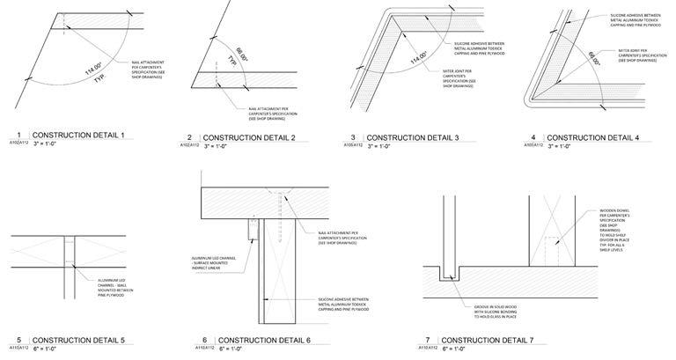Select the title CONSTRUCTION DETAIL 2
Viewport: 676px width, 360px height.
click(x=250, y=138)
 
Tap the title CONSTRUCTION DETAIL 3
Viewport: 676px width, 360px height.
click(x=414, y=138)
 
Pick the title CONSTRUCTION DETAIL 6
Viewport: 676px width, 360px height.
click(x=264, y=341)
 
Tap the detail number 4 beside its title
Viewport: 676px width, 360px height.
click(x=533, y=138)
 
